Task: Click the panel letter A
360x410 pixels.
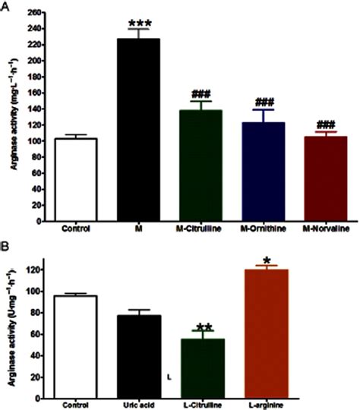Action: [6, 6]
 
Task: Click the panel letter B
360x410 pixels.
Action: [6, 248]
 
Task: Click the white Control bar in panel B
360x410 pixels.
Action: [75, 342]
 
